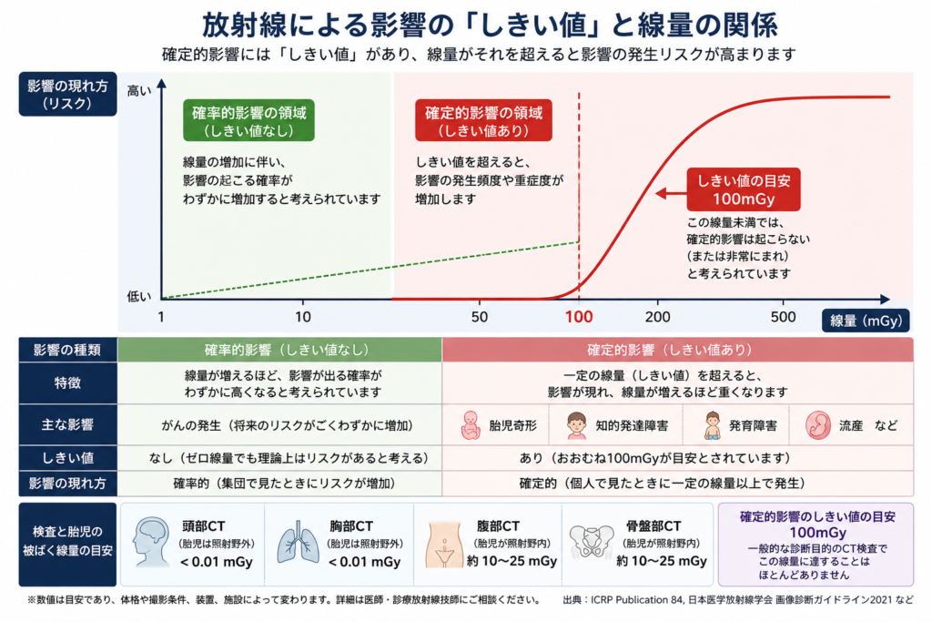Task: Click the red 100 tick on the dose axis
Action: coord(578,317)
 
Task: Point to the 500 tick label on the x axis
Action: coord(783,317)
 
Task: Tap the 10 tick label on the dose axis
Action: coord(302,317)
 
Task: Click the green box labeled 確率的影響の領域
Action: coord(248,121)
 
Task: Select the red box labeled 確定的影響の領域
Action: coord(483,121)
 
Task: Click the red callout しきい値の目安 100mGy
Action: coord(744,189)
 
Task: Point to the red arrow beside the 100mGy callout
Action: coord(671,193)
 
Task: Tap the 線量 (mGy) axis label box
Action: coord(866,321)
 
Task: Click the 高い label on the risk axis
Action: coord(139,91)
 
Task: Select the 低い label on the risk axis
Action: coord(139,296)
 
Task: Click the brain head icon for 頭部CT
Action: coord(151,541)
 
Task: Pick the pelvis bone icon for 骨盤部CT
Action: coord(591,542)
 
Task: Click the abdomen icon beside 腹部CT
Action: coord(444,544)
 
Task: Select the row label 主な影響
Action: coord(67,424)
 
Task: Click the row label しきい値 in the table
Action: coord(67,458)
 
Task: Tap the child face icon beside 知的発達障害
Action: coord(576,425)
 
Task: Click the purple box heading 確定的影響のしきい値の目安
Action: coord(818,516)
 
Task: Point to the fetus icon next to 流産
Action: coord(818,425)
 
